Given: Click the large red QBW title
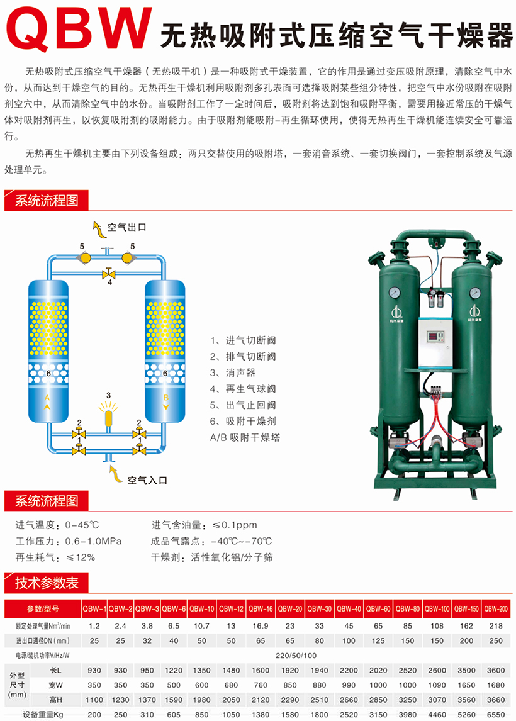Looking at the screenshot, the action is pos(79,28).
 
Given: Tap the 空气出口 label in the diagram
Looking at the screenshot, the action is pos(126,227).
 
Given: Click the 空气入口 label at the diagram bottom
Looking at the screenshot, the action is pos(147,480).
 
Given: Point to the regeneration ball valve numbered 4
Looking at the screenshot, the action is pos(109,274).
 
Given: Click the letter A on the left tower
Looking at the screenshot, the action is pos(47,398).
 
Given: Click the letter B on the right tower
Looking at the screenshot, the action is pos(166,398).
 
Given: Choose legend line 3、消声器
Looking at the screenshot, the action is pos(233,372).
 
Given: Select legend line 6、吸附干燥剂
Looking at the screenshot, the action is pos(244,421).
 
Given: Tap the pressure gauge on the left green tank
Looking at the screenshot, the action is pos(395,293).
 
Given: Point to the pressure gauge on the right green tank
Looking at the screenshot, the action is pos(475,293).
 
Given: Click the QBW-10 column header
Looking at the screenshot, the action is pos(202,609).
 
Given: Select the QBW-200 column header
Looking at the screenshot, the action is pos(496,609).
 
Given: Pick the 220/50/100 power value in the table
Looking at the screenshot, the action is pos(296,655).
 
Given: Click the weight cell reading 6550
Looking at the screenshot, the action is pos(496,715).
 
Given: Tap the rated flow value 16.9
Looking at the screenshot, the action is pos(261,626).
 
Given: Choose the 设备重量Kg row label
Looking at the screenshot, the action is pos(43,715).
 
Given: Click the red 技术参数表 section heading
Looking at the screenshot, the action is pos(47,583).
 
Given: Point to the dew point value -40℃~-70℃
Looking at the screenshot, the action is pos(241,541).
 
